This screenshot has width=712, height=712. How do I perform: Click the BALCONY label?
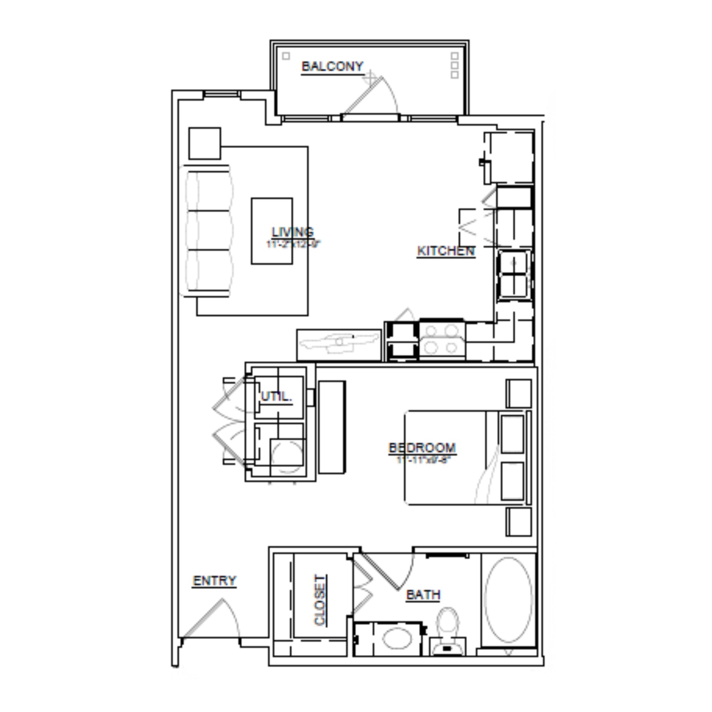(333, 66)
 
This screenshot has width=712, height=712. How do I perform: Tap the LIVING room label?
(293, 232)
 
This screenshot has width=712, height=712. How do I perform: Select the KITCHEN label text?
(446, 251)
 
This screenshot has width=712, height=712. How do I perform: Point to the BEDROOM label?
(422, 448)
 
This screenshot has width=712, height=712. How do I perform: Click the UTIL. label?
(276, 397)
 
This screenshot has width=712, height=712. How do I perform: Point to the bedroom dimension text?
(422, 460)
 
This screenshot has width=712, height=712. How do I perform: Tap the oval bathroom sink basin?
(397, 638)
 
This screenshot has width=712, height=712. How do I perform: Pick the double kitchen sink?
(514, 274)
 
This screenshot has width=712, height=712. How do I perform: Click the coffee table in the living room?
(272, 231)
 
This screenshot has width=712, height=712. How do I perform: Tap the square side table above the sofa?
(205, 143)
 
